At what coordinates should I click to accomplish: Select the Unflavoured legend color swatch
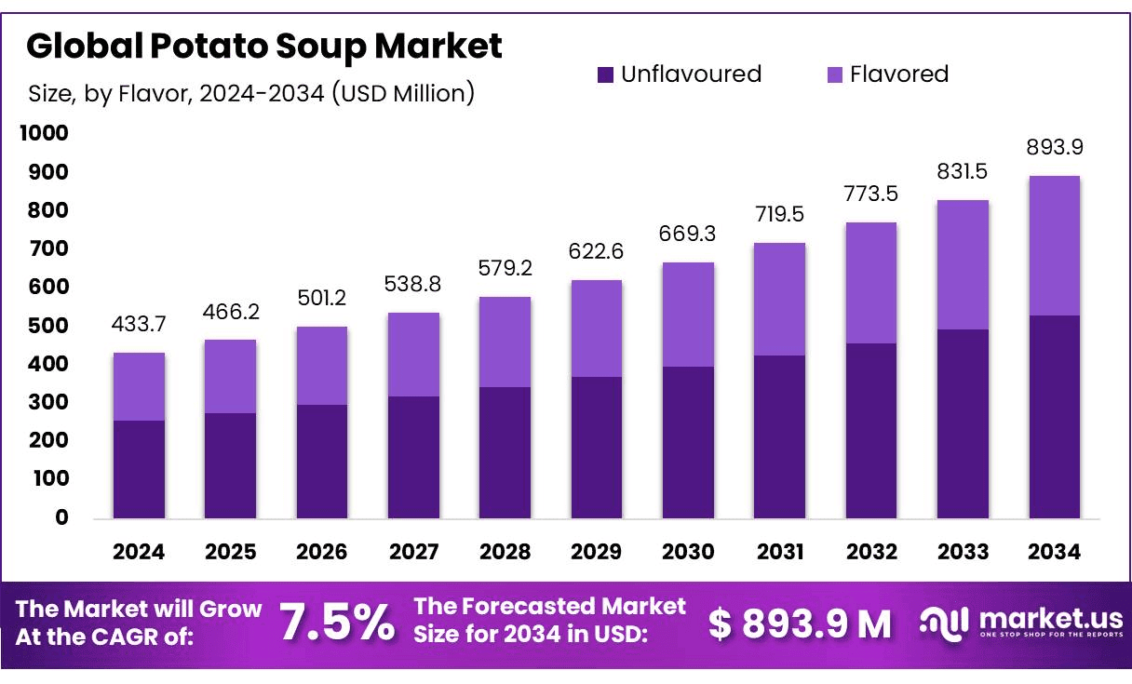tap(606, 74)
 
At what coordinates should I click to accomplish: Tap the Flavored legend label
tap(898, 74)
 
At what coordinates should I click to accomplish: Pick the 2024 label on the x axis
tap(139, 552)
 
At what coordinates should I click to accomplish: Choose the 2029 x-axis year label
tap(597, 552)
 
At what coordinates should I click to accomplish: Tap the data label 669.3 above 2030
tap(688, 234)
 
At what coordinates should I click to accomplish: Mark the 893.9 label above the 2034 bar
tap(1055, 147)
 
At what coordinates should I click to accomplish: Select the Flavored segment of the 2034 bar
tap(1055, 246)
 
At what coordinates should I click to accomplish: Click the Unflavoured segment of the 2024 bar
tap(139, 469)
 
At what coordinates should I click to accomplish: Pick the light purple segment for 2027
tap(413, 355)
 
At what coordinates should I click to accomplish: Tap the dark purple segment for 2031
tap(780, 436)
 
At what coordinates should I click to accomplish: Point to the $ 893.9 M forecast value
tap(800, 624)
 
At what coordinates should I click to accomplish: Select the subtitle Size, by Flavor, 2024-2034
tap(250, 93)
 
